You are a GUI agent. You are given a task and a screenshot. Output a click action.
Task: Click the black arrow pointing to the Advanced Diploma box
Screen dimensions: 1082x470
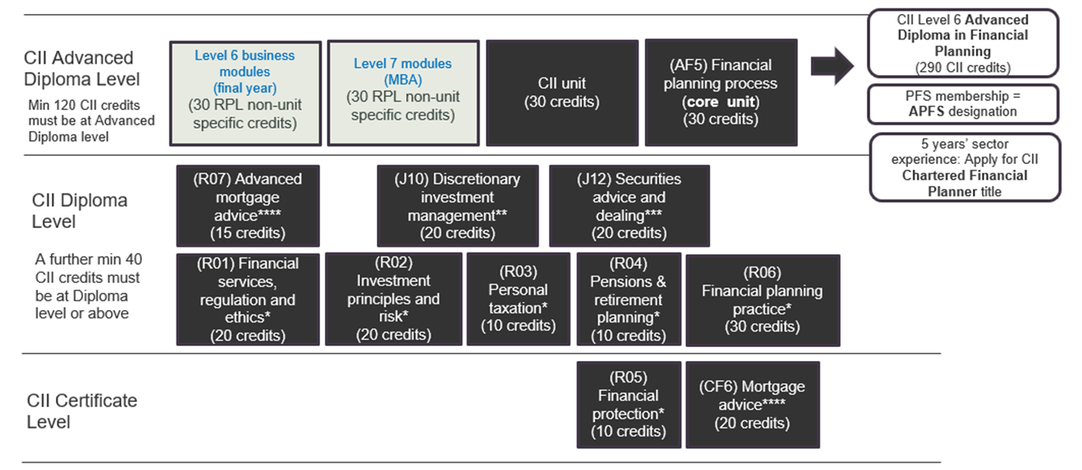(x=832, y=66)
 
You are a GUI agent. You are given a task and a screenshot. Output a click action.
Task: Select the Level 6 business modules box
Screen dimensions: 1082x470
(x=245, y=94)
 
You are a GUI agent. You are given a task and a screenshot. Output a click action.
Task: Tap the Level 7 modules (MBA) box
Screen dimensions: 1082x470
(x=403, y=93)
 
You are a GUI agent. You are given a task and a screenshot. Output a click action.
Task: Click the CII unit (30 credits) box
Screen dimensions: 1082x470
(x=562, y=93)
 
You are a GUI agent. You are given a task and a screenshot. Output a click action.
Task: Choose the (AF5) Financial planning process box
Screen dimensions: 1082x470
(x=721, y=93)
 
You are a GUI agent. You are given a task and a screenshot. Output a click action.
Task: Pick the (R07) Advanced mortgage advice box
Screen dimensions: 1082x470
(x=248, y=206)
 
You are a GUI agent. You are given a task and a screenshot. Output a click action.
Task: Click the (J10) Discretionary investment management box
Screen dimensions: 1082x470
(x=457, y=206)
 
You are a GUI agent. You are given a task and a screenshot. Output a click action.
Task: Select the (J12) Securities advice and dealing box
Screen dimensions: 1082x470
(x=629, y=206)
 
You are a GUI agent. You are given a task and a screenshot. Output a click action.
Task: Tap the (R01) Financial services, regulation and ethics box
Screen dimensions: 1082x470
(x=248, y=299)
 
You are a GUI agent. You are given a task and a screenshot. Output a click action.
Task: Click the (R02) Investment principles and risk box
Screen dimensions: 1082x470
(x=394, y=299)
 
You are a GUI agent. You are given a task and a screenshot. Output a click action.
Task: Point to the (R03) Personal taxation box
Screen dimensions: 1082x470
(x=518, y=299)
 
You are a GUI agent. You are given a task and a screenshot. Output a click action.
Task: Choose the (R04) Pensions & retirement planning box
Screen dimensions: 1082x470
(x=628, y=299)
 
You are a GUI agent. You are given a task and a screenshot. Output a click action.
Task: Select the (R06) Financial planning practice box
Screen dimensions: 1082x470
(x=763, y=300)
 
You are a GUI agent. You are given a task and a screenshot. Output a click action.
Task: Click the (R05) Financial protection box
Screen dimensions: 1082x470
(x=628, y=405)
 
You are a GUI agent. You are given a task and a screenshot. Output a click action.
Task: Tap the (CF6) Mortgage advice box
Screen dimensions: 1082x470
(x=753, y=405)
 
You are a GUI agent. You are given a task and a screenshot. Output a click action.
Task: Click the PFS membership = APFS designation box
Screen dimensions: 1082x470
(x=963, y=104)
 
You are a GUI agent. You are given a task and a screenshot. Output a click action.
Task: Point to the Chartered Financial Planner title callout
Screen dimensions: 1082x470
(x=965, y=167)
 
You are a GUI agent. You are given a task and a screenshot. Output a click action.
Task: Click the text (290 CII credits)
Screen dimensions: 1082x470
(x=963, y=67)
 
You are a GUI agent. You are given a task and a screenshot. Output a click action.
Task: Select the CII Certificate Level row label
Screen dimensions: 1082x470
(x=81, y=411)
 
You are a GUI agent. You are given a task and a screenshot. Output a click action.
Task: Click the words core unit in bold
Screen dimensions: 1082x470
(x=721, y=102)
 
